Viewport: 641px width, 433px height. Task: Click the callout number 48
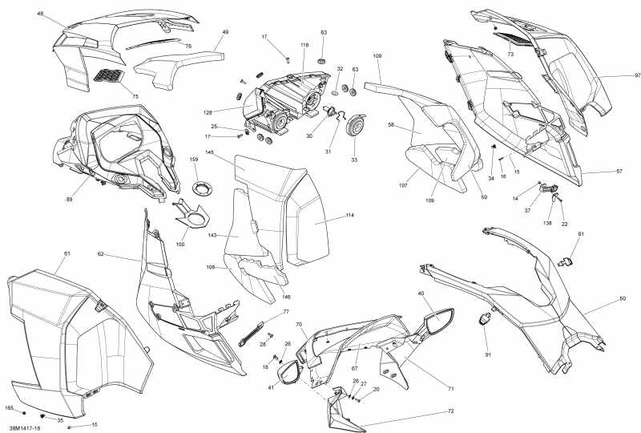click(40, 14)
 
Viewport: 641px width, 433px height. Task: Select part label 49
click(225, 32)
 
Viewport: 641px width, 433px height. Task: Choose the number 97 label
click(615, 75)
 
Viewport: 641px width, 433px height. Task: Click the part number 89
click(69, 200)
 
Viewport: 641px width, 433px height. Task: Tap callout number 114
click(327, 216)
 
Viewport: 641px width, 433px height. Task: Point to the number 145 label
click(231, 152)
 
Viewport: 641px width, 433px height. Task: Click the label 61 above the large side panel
click(67, 253)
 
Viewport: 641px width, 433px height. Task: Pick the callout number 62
click(101, 254)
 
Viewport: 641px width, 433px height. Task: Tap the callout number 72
click(450, 411)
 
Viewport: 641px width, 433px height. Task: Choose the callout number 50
click(623, 298)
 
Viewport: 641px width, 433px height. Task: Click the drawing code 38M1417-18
click(24, 428)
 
